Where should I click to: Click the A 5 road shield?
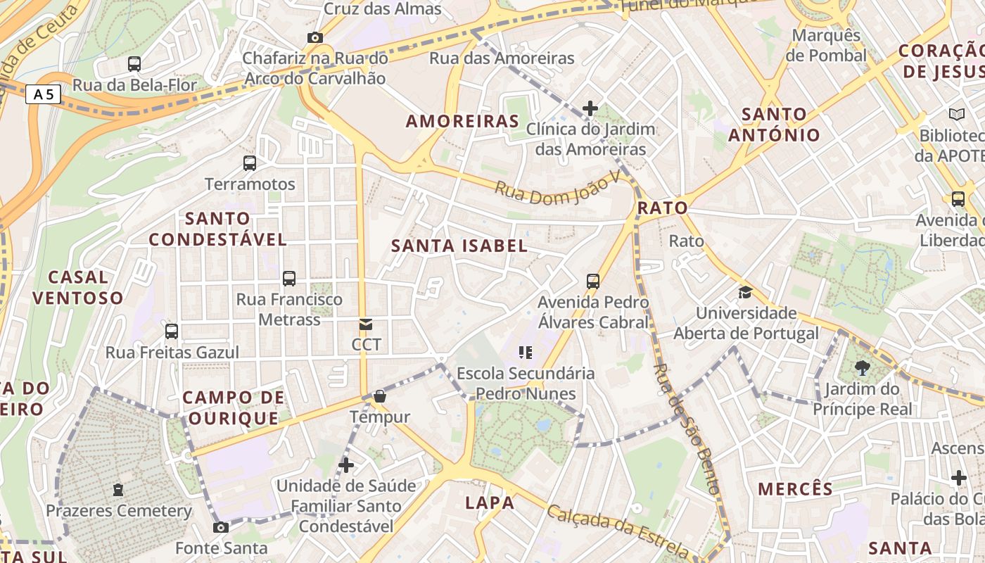pyautogui.click(x=43, y=94)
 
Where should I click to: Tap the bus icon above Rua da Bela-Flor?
pyautogui.click(x=134, y=64)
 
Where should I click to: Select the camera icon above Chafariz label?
pyautogui.click(x=314, y=37)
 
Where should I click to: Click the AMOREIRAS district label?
pyautogui.click(x=462, y=121)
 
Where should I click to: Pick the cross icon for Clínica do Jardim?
pyautogui.click(x=590, y=108)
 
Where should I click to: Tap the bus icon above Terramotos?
pyautogui.click(x=250, y=163)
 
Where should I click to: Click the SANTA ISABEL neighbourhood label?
pyautogui.click(x=459, y=246)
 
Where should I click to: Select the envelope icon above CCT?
pyautogui.click(x=366, y=324)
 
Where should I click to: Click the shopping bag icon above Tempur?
pyautogui.click(x=380, y=397)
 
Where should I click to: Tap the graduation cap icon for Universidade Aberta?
pyautogui.click(x=745, y=292)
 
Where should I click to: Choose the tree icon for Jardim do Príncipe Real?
pyautogui.click(x=862, y=367)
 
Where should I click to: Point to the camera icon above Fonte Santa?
pyautogui.click(x=221, y=527)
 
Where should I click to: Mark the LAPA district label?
pyautogui.click(x=490, y=502)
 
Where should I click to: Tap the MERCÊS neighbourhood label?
pyautogui.click(x=795, y=488)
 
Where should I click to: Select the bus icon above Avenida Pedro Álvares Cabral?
pyautogui.click(x=593, y=281)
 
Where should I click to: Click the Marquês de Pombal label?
pyautogui.click(x=826, y=45)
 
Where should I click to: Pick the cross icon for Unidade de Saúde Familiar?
pyautogui.click(x=345, y=465)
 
